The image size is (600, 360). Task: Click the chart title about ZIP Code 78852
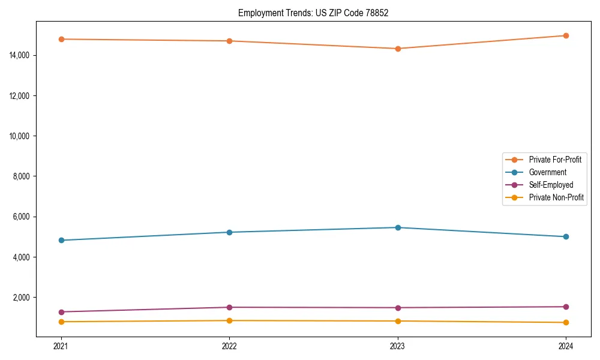[x=313, y=13]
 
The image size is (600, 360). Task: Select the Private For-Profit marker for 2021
[x=61, y=39]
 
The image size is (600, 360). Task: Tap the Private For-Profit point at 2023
[x=398, y=49]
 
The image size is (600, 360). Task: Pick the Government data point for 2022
[x=229, y=232]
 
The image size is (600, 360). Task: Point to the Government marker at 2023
[x=398, y=227]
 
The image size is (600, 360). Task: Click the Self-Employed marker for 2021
[x=61, y=312]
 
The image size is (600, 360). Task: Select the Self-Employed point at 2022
[x=229, y=307]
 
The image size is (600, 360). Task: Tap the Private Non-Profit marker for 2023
[x=398, y=321]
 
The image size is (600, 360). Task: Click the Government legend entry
[x=547, y=172]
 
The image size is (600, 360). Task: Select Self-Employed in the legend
[x=551, y=185]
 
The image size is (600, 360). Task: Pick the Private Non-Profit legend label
[x=556, y=197]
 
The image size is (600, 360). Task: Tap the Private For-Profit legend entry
[x=554, y=160]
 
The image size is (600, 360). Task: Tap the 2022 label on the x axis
[x=229, y=346]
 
